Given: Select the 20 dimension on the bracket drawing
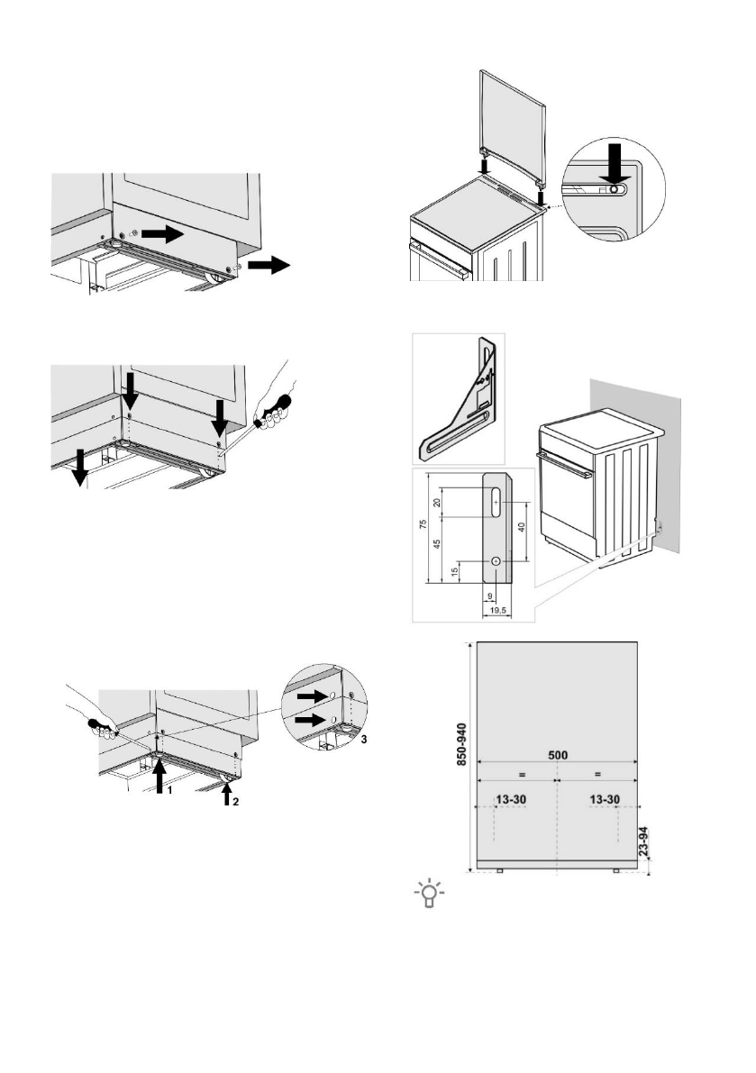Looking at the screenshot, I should tap(439, 502).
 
